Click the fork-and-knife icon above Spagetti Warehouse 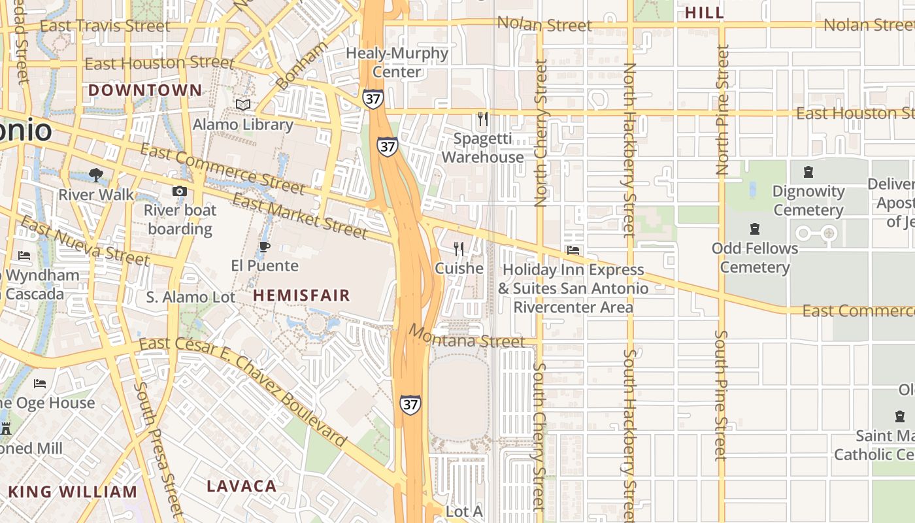(x=483, y=119)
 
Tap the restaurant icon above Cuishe (x=459, y=249)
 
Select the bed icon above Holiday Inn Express (x=573, y=250)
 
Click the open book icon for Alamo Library (x=243, y=105)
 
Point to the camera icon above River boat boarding (x=179, y=191)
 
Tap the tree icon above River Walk (x=96, y=175)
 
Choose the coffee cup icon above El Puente (x=264, y=246)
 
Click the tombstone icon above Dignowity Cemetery (x=808, y=173)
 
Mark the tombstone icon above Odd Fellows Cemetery (x=755, y=229)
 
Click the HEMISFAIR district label (x=301, y=295)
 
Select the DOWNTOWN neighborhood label (x=145, y=90)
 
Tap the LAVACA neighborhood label (x=242, y=486)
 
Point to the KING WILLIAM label (x=73, y=492)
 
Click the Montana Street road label (x=467, y=337)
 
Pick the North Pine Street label (x=722, y=109)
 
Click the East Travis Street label (x=105, y=26)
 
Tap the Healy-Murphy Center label (x=397, y=62)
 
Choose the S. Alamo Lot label (x=190, y=297)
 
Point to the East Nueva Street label (x=84, y=241)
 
